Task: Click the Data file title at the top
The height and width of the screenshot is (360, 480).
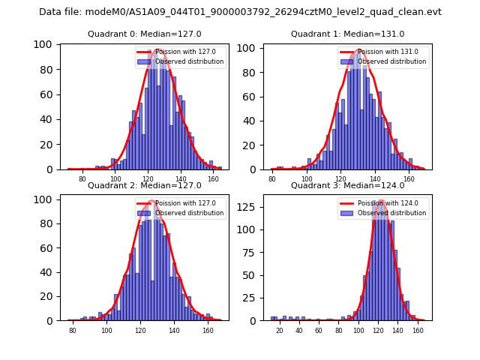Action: [x=240, y=12]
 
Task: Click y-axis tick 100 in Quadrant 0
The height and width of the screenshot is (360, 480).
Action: [x=46, y=44]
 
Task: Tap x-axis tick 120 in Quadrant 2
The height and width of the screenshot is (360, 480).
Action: [x=140, y=331]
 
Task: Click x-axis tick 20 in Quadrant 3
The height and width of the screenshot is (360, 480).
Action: [x=279, y=331]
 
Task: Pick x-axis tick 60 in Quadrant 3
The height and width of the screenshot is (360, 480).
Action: [x=319, y=331]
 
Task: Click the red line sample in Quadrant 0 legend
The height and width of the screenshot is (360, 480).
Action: [x=145, y=52]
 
